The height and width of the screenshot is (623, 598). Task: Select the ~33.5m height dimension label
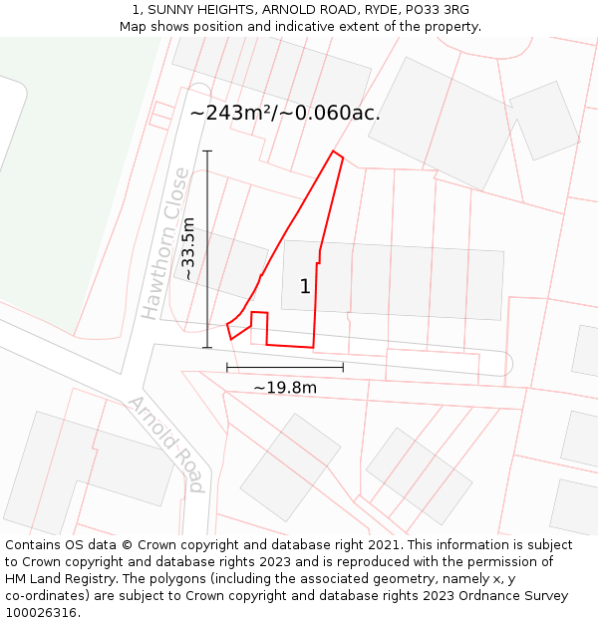[x=187, y=249]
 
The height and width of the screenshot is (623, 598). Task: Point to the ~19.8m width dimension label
[x=285, y=387]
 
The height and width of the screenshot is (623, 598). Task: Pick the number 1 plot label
[x=305, y=287]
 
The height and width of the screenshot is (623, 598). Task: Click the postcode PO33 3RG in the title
[x=435, y=10]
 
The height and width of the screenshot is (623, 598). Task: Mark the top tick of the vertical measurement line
[x=207, y=151]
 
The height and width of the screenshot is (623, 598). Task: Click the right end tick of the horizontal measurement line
[x=343, y=367]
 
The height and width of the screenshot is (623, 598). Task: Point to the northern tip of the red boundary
[x=334, y=152]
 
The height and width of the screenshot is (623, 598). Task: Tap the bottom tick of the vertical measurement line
[x=207, y=348]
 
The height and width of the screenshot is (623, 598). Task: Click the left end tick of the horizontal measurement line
[x=227, y=367]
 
